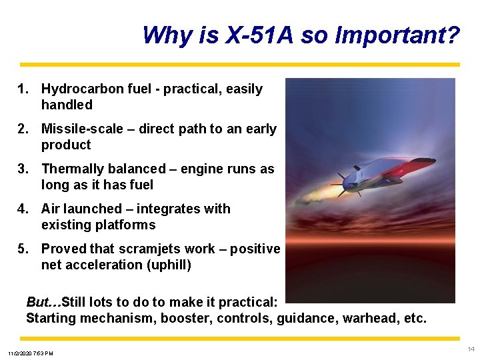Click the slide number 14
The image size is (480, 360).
(471, 349)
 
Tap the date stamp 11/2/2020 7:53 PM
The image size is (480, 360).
(31, 353)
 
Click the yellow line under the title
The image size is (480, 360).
(240, 65)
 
